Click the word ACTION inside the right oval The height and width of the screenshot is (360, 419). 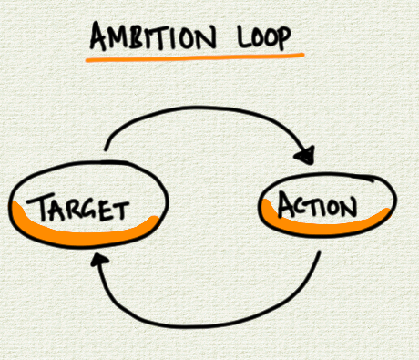pos(319,204)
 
